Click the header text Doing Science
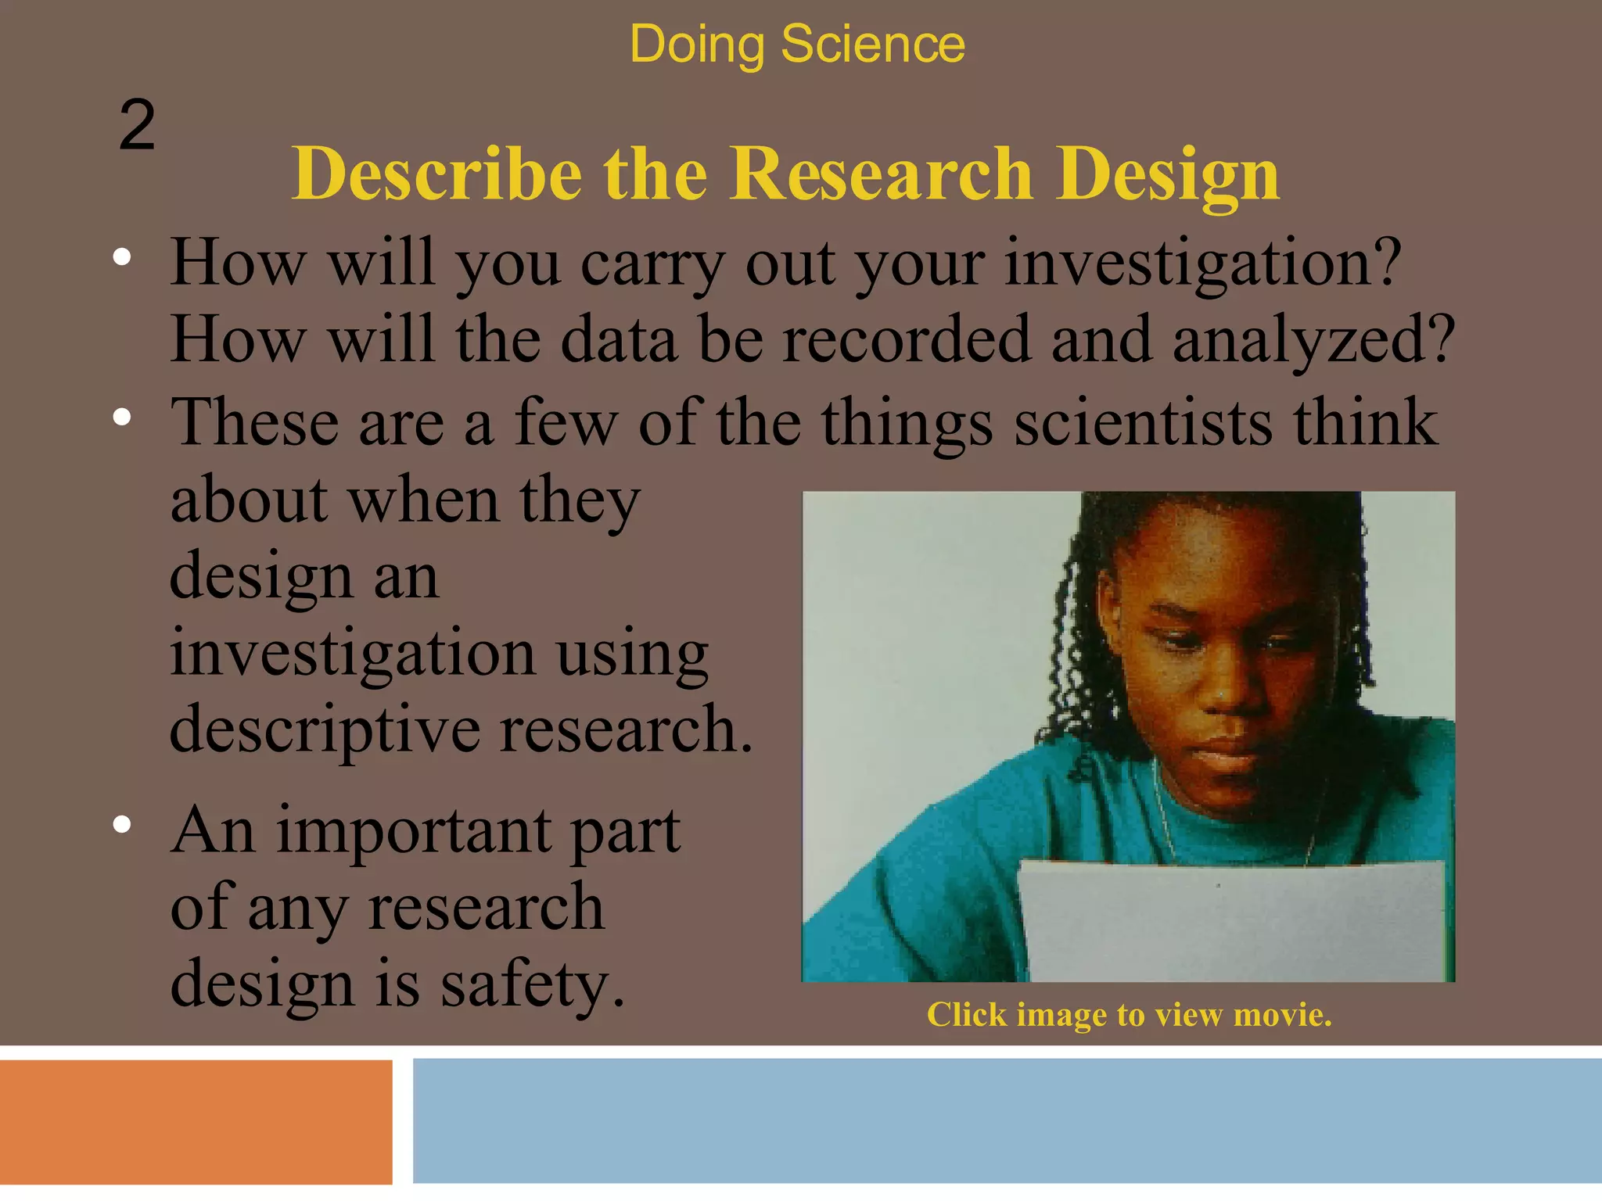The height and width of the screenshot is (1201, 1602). point(796,44)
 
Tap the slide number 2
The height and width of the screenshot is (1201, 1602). point(137,125)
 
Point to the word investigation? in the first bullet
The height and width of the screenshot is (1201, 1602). point(1201,264)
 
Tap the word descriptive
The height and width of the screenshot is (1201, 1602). point(325,729)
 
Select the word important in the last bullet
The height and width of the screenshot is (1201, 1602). point(413,830)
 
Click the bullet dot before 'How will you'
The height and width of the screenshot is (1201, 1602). point(121,258)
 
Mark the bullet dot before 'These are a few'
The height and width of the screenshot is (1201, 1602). point(121,418)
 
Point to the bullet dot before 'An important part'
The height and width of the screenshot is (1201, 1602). point(121,825)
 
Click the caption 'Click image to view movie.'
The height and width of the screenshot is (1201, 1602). point(1129,1015)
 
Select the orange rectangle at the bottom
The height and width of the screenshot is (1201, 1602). point(196,1121)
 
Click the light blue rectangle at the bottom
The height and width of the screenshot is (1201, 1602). point(1007,1121)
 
